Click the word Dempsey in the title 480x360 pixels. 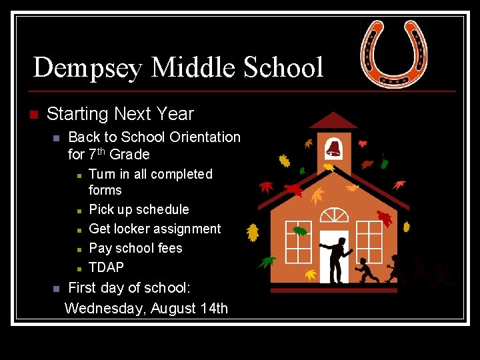tap(87, 67)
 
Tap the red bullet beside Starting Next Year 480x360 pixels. tap(34, 115)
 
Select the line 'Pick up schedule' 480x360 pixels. tap(139, 209)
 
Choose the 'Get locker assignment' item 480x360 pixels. tap(155, 229)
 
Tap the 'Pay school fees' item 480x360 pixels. tap(135, 248)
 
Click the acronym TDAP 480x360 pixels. tap(106, 267)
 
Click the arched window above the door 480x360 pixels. tap(333, 215)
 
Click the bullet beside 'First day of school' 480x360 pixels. tap(56, 289)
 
